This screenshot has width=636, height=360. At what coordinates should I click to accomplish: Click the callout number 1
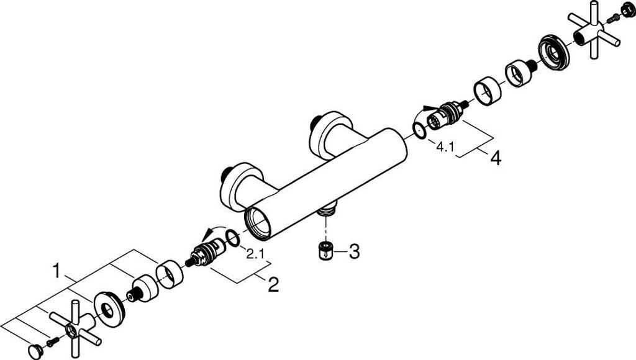(57, 272)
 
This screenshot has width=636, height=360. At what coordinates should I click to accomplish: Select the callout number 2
(273, 285)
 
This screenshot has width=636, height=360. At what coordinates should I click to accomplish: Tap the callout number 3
(353, 251)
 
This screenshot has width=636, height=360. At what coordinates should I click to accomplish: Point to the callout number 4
(495, 159)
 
